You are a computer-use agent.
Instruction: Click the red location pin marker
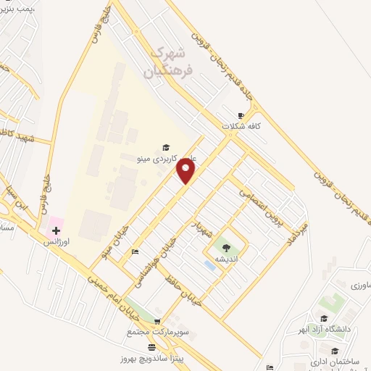tap(186, 171)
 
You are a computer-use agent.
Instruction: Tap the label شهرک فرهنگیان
tap(170, 62)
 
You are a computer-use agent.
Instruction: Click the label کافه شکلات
tap(241, 126)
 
